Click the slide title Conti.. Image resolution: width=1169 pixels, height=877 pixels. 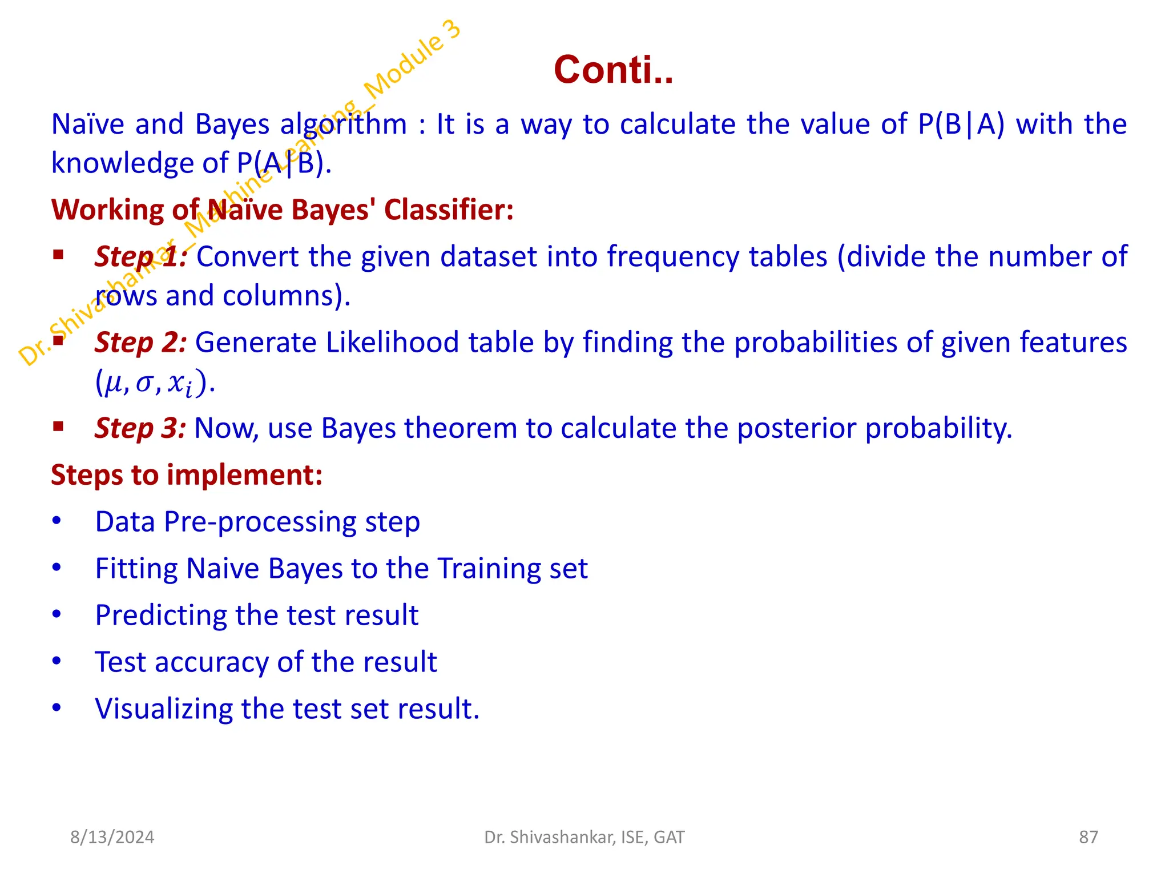[613, 70]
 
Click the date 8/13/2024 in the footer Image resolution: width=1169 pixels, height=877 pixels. [112, 837]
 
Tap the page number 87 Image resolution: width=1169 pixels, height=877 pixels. [1088, 837]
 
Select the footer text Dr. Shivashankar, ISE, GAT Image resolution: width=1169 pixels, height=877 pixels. [584, 837]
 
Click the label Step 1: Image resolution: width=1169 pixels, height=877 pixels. [140, 256]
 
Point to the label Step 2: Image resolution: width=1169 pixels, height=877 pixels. [140, 343]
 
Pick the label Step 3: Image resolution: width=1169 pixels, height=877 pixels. [140, 428]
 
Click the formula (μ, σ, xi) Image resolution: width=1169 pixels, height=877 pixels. [154, 383]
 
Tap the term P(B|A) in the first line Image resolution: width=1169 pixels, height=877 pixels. [961, 124]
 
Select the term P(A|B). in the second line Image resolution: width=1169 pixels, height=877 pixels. [284, 163]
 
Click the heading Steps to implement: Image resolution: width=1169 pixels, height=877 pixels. [187, 475]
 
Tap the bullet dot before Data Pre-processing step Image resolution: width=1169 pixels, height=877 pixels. [57, 521]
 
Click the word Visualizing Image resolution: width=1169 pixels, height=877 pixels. [163, 709]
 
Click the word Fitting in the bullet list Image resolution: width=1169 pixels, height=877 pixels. [136, 569]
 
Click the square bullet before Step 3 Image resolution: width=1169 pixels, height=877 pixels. [58, 426]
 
